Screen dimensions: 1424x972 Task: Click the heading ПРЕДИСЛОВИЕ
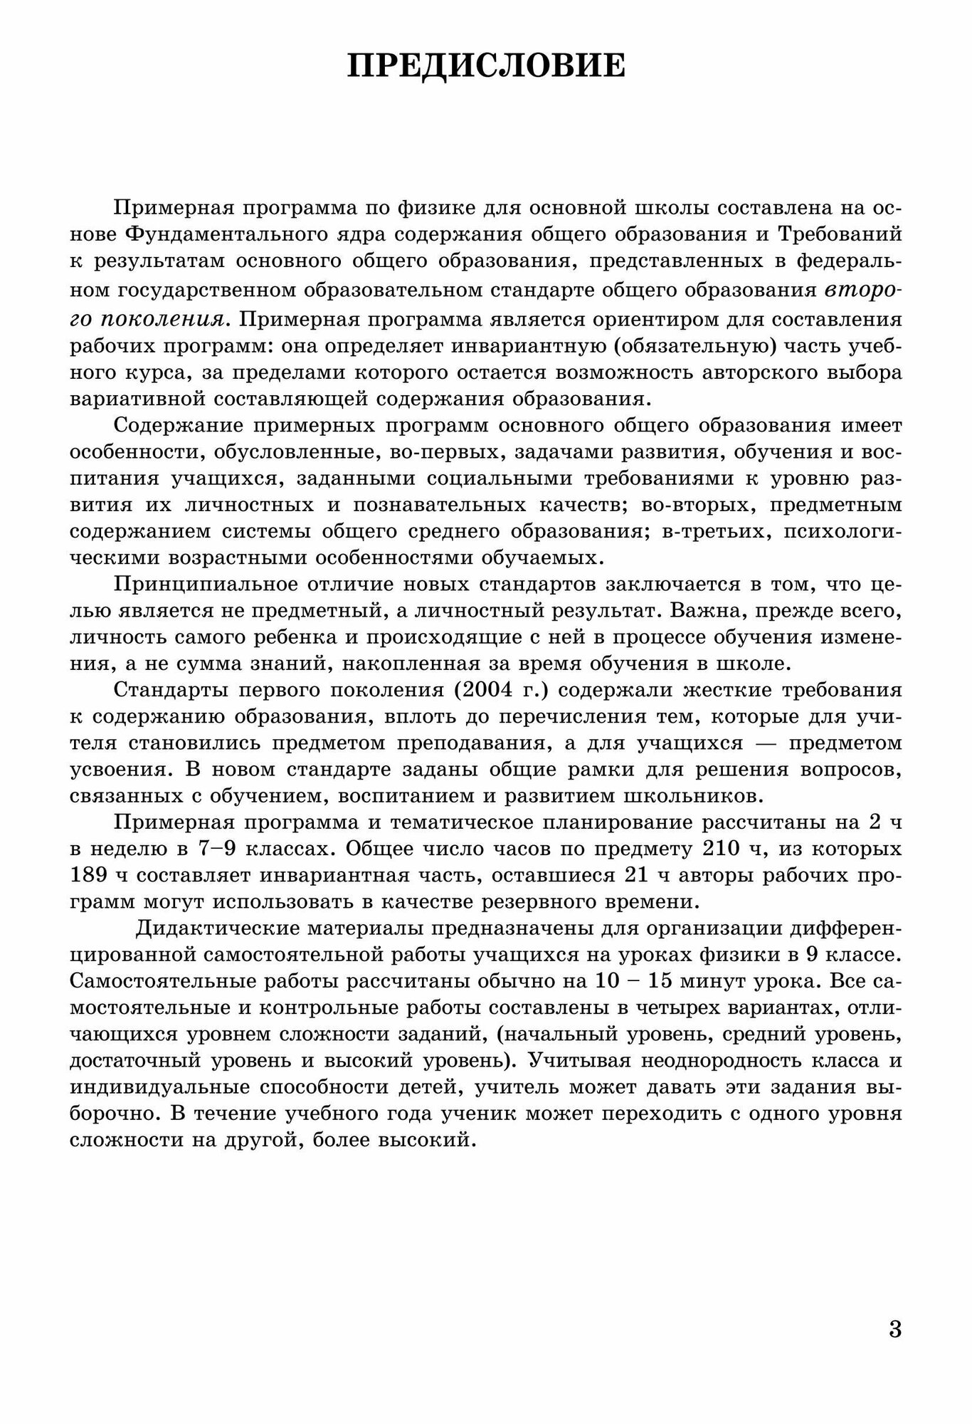(486, 66)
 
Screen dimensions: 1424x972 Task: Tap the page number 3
(895, 1329)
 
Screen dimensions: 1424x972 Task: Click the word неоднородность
(727, 1060)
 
